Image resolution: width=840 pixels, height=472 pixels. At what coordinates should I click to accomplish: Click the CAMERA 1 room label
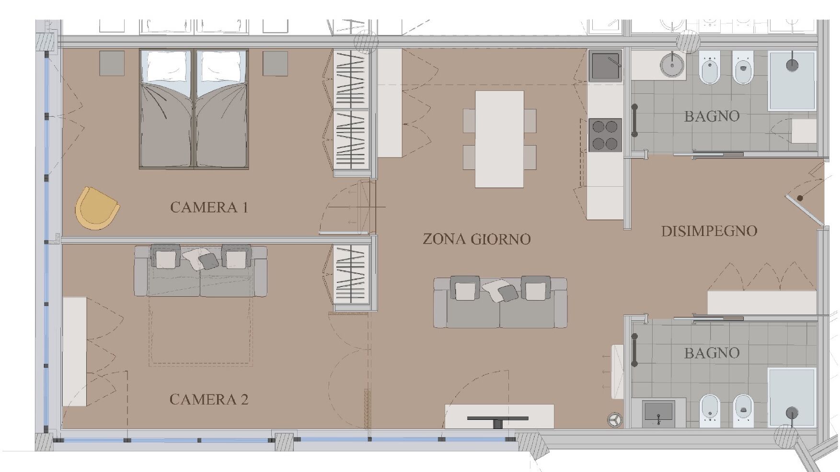209,207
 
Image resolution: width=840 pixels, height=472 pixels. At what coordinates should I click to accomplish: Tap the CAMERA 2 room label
209,399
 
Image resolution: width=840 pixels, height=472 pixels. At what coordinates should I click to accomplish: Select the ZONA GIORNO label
476,239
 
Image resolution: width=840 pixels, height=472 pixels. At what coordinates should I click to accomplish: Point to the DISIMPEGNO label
709,231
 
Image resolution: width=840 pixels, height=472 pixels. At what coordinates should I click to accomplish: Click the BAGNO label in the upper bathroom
712,116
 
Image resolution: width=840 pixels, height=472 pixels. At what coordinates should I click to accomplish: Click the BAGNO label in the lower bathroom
712,353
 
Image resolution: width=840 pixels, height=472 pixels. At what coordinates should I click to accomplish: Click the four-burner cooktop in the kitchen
605,135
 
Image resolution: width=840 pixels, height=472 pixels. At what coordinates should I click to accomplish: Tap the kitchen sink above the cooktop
605,66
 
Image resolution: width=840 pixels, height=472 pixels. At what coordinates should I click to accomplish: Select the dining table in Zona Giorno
499,139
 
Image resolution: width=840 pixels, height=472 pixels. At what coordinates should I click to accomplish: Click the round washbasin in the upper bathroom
672,65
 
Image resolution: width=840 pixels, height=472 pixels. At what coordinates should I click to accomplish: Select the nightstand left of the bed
112,63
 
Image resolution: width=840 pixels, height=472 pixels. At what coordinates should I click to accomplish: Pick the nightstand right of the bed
275,63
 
